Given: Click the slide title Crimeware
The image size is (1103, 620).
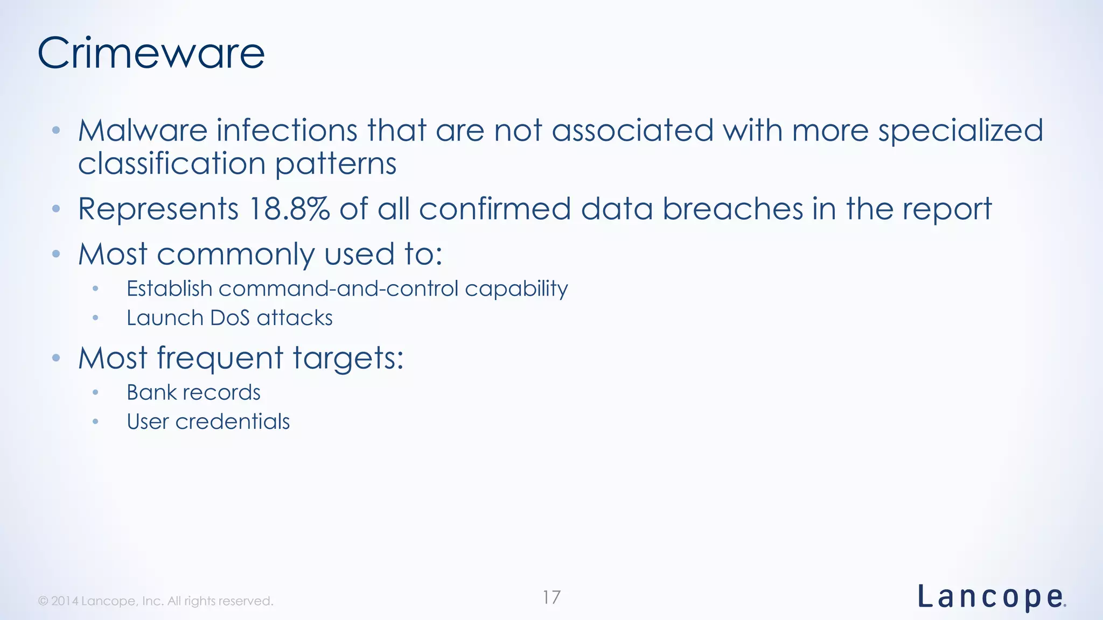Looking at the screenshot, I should tap(151, 53).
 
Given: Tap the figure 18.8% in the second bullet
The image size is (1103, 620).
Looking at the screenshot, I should tap(289, 209).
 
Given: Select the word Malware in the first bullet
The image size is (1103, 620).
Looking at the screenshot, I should tap(143, 131).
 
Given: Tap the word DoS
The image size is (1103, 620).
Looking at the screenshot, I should tap(230, 318).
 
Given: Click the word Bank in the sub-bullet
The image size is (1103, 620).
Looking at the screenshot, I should tap(151, 392).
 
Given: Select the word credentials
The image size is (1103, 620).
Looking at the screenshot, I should tap(233, 422).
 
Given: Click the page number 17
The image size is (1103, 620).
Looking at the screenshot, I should tap(551, 597).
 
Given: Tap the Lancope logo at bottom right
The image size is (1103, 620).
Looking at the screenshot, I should tap(991, 597).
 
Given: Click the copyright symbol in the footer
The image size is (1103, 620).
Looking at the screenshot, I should tap(43, 601).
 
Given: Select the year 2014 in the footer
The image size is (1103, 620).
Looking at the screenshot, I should tap(65, 601).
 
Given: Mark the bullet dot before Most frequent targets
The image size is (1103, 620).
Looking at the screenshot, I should tap(56, 358).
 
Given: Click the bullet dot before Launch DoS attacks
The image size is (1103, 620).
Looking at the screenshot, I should tap(95, 318).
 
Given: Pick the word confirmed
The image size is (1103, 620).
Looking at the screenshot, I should tap(494, 209).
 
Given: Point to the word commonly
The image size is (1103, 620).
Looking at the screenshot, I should tap(235, 255).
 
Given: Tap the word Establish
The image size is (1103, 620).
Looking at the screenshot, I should tap(169, 289).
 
